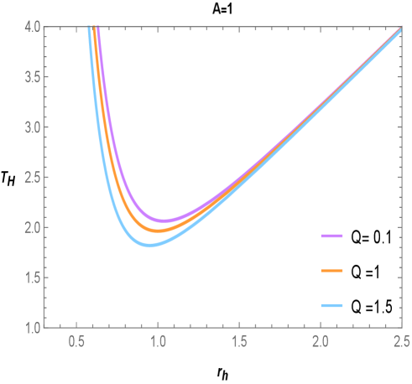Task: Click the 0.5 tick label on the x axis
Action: pyautogui.click(x=76, y=342)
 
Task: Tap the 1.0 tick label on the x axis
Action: pyautogui.click(x=158, y=342)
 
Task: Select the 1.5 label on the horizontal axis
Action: pyautogui.click(x=239, y=342)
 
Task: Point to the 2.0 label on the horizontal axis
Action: pyautogui.click(x=320, y=342)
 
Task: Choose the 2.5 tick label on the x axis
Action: pyautogui.click(x=401, y=342)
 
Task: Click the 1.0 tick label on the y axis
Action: pyautogui.click(x=31, y=327)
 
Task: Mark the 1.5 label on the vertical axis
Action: pyautogui.click(x=31, y=278)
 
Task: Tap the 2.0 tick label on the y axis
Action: pyautogui.click(x=31, y=227)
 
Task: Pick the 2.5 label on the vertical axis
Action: pyautogui.click(x=31, y=177)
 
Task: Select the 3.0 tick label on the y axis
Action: pyautogui.click(x=31, y=127)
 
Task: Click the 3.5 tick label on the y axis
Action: pyautogui.click(x=31, y=77)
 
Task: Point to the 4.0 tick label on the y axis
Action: pyautogui.click(x=31, y=28)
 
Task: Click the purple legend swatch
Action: pyautogui.click(x=332, y=236)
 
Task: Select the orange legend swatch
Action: pyautogui.click(x=332, y=271)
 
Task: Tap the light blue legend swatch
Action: pyautogui.click(x=332, y=305)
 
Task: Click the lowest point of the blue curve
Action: pyautogui.click(x=149, y=245)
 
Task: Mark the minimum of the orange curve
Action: pyautogui.click(x=157, y=230)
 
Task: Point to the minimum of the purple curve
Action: pyautogui.click(x=164, y=221)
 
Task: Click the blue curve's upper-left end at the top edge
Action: pyautogui.click(x=88, y=29)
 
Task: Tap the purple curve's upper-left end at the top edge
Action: pyautogui.click(x=98, y=29)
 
